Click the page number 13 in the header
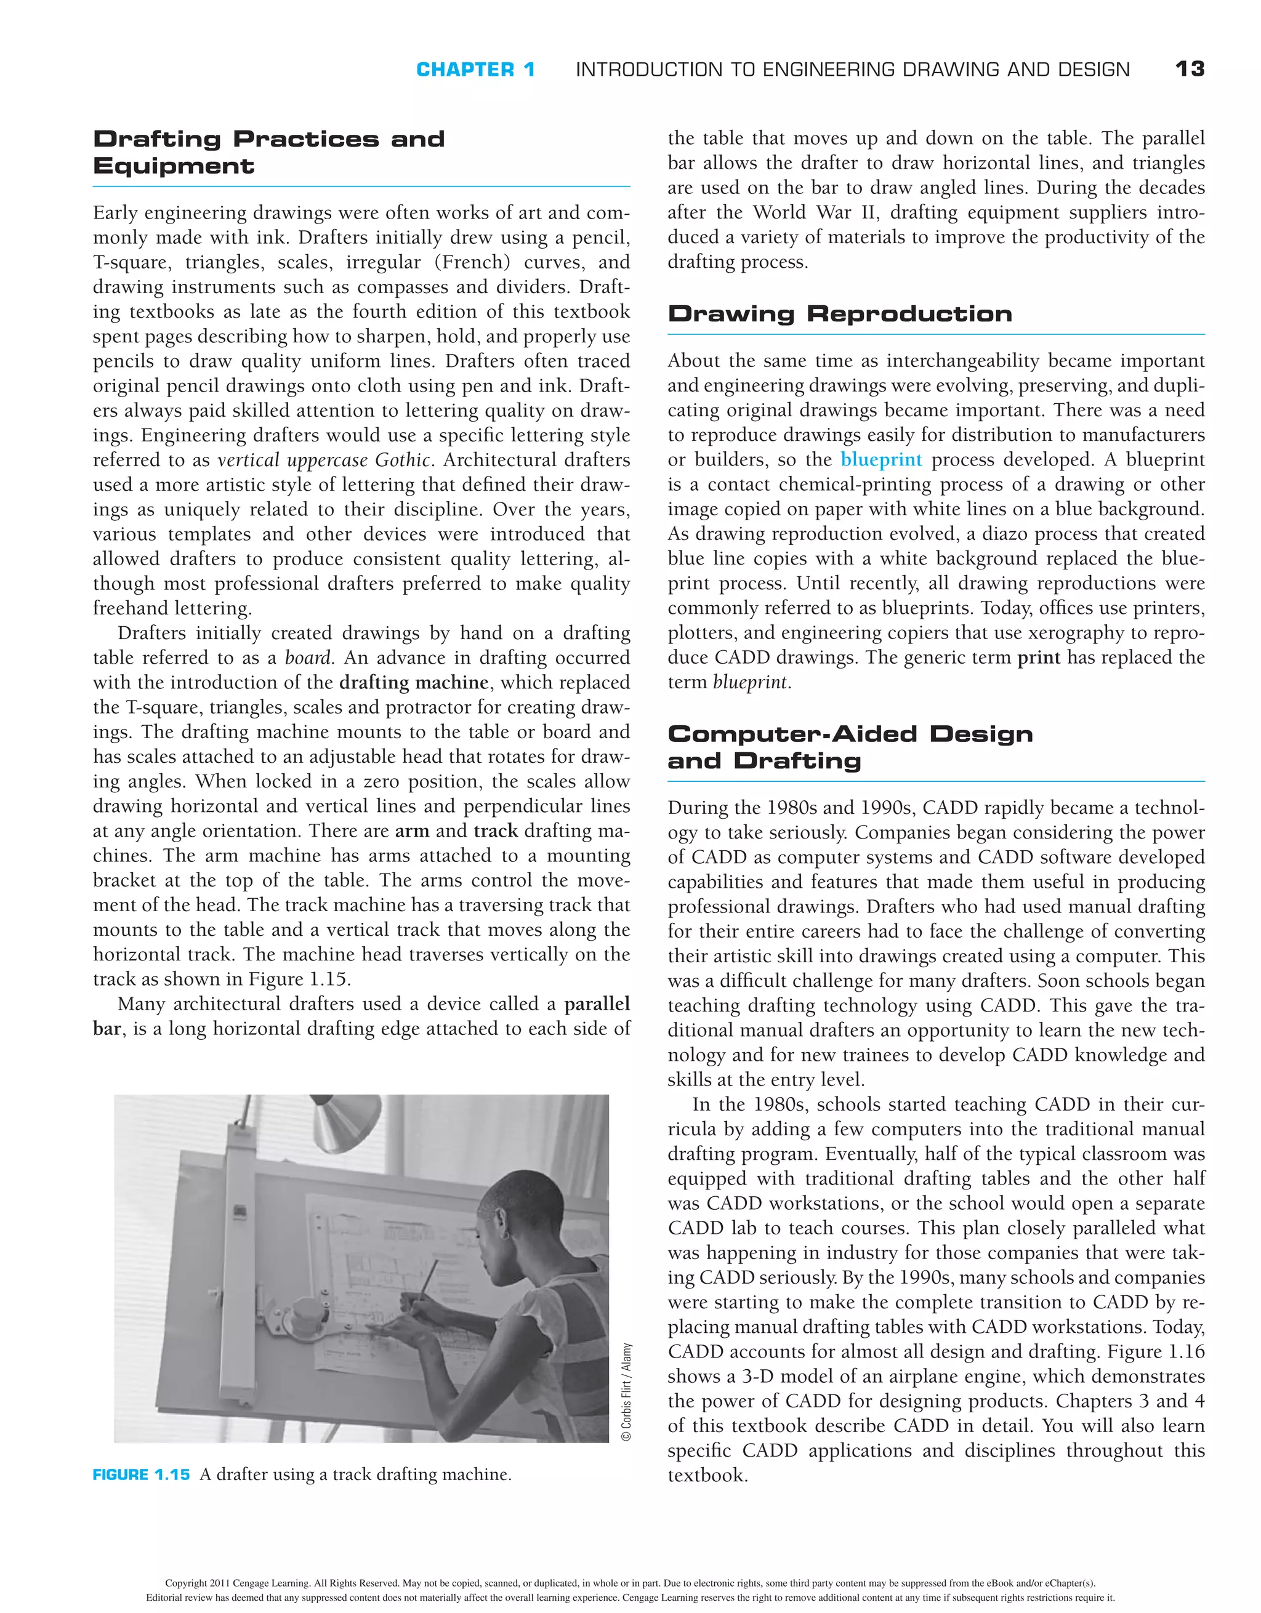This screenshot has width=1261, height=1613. point(1190,70)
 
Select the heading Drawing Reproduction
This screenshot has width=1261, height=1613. point(839,314)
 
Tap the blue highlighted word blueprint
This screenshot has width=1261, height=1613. point(880,460)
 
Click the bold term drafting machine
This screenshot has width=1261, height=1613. point(414,682)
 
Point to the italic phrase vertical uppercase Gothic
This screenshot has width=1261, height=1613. point(323,460)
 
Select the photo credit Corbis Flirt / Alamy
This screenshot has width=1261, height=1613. point(626,1391)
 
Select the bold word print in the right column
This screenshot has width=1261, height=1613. point(1039,658)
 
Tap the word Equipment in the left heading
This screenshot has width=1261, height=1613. point(174,166)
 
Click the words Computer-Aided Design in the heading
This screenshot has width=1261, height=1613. point(850,734)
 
